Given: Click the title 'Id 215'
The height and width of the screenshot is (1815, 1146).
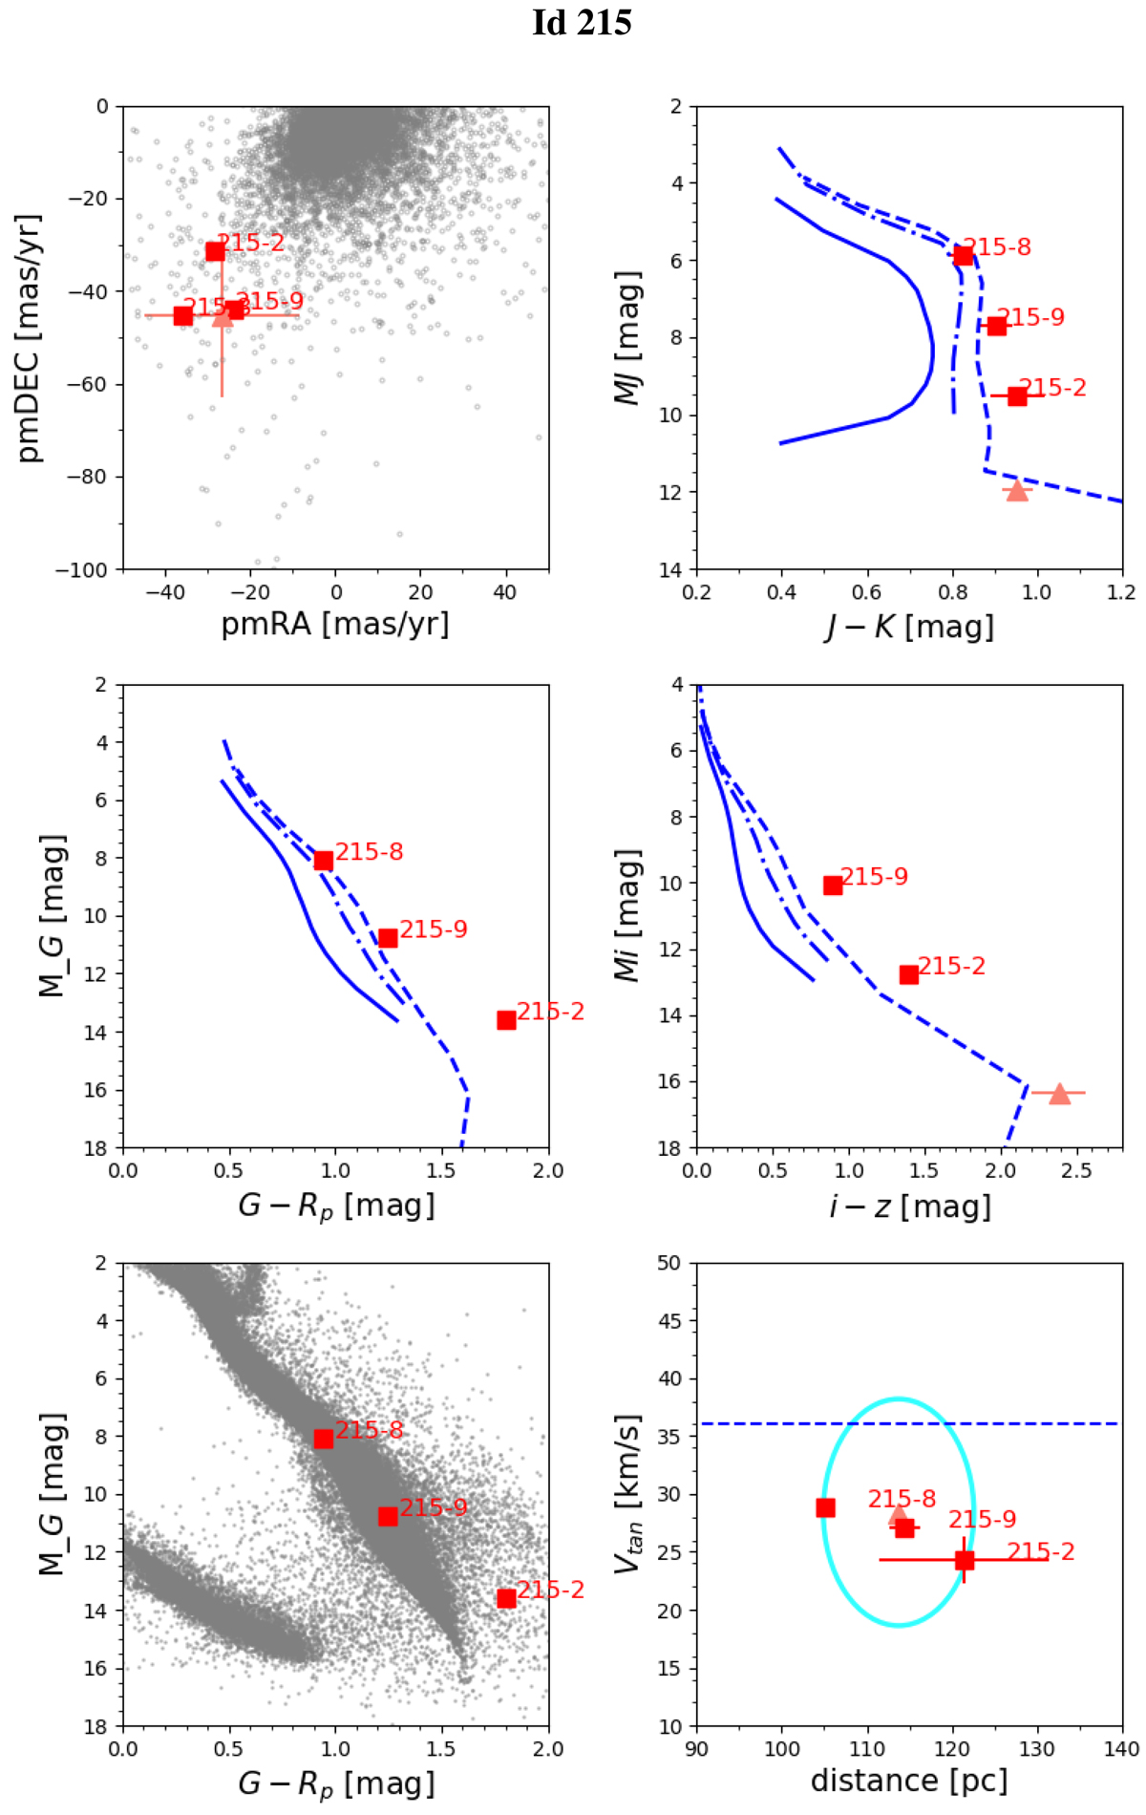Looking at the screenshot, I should tap(582, 23).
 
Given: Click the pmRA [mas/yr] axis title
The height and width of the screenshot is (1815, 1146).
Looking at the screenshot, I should tap(335, 624).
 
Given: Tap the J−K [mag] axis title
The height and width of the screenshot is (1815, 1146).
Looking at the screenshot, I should tap(909, 627).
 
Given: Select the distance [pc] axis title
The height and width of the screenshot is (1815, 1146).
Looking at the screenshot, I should tap(909, 1781).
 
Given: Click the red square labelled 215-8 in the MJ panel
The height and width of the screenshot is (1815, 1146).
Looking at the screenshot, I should tap(963, 255).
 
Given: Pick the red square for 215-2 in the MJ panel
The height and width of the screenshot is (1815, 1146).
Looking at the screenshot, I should tap(1017, 395).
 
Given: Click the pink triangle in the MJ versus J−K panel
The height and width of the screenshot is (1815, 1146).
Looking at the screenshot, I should tap(1017, 491).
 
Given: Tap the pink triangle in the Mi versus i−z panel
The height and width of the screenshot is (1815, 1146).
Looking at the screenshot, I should tap(1059, 1094).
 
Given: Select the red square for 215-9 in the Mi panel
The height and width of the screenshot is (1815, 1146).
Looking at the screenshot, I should tap(833, 886).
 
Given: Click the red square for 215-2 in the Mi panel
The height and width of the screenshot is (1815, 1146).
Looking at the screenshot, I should tap(909, 974).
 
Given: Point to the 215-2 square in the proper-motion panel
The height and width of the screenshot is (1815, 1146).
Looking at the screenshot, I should tap(215, 251).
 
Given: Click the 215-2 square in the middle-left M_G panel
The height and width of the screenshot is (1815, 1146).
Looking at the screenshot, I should tap(506, 1020).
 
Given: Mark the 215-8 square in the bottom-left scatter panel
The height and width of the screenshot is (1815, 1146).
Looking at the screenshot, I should tap(324, 1439).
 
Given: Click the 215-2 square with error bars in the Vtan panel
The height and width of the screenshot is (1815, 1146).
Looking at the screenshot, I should tap(965, 1560).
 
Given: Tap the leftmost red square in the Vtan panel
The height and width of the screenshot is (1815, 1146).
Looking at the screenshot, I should tap(826, 1507).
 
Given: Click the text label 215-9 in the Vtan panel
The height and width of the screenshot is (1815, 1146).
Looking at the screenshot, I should tap(982, 1520).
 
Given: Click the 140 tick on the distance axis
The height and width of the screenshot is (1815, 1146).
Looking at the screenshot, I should tap(1122, 1749).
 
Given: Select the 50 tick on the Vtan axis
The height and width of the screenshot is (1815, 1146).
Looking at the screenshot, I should tap(669, 1263).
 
